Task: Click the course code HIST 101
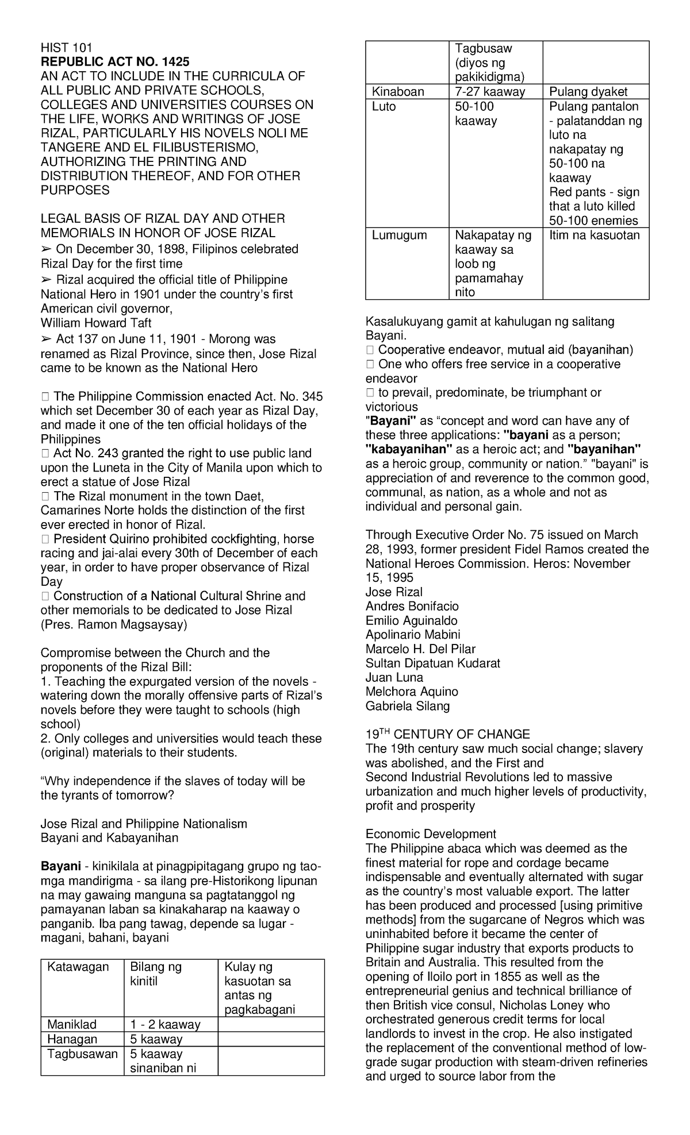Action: click(x=66, y=48)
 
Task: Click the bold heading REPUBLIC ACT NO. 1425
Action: click(x=114, y=62)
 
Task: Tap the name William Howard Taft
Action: click(x=96, y=323)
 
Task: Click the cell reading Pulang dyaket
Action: click(x=588, y=92)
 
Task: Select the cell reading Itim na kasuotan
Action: click(x=595, y=235)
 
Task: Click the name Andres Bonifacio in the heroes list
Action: click(x=412, y=607)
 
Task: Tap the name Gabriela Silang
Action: click(x=408, y=706)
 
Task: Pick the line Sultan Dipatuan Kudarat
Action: click(x=432, y=663)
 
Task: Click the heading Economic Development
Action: click(x=431, y=834)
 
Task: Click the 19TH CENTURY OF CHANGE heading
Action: click(x=447, y=735)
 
